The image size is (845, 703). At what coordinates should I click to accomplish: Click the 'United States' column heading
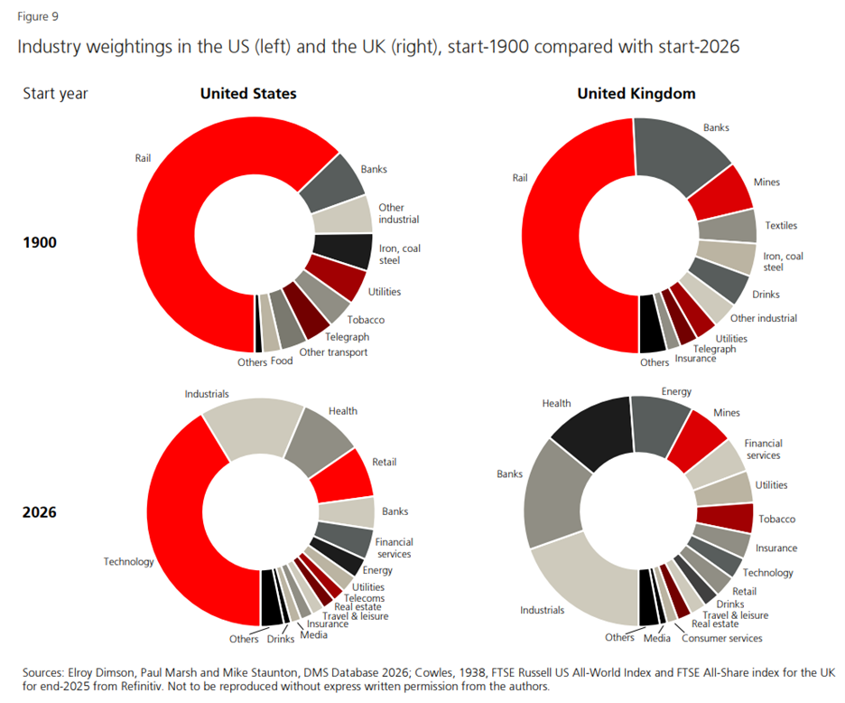[x=248, y=94]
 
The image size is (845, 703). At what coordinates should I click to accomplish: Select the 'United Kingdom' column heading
[x=636, y=94]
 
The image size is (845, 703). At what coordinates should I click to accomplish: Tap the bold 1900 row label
[x=40, y=242]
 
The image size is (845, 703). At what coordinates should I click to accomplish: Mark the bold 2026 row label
[x=40, y=512]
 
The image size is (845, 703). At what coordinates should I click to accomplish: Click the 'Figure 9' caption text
[x=37, y=17]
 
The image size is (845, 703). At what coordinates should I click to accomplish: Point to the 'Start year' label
[x=55, y=94]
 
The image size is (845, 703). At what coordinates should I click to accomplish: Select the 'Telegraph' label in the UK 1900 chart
[x=714, y=349]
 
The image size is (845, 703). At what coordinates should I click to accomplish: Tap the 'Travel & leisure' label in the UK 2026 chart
[x=736, y=614]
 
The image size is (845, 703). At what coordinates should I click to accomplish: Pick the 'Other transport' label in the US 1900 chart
[x=333, y=352]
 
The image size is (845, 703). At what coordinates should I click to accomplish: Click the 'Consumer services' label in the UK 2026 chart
[x=721, y=638]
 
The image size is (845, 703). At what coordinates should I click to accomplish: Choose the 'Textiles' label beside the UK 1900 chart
[x=781, y=225]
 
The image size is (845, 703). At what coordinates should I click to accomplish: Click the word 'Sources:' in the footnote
[x=47, y=672]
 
